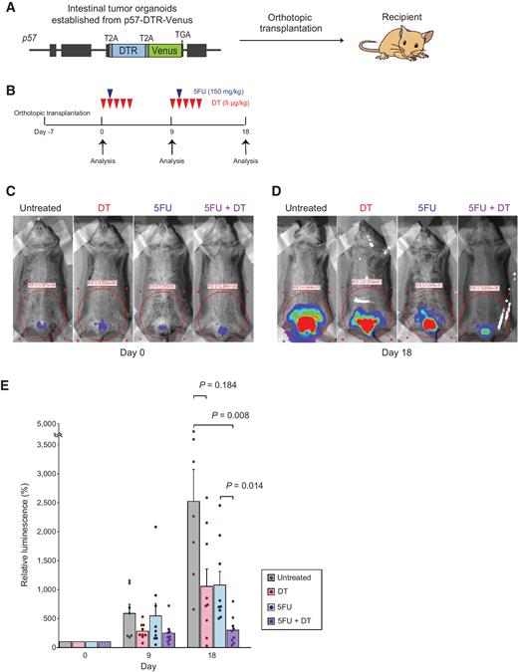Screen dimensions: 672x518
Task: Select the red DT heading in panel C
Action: [106, 209]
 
